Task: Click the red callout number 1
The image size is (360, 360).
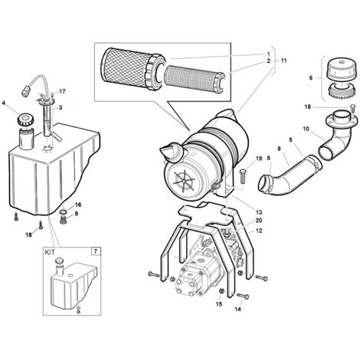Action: coord(268,54)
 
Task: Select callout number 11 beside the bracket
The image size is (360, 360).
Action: coord(283,61)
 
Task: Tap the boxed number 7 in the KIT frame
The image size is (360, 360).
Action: coord(96,252)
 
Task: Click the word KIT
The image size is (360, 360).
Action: coord(50,253)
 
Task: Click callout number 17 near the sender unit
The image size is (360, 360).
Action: coord(62,91)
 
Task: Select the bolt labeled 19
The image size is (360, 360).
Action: coord(243,175)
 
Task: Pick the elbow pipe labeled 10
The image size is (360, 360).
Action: coord(335,136)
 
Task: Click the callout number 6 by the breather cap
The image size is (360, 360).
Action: coord(311,78)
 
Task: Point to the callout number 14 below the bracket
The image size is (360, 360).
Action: coord(237,309)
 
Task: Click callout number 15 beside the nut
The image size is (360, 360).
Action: coord(219,304)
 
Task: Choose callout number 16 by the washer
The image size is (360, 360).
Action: coord(78,205)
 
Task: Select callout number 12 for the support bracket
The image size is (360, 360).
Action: coord(259,231)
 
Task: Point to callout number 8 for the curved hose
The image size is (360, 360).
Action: coord(279,149)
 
